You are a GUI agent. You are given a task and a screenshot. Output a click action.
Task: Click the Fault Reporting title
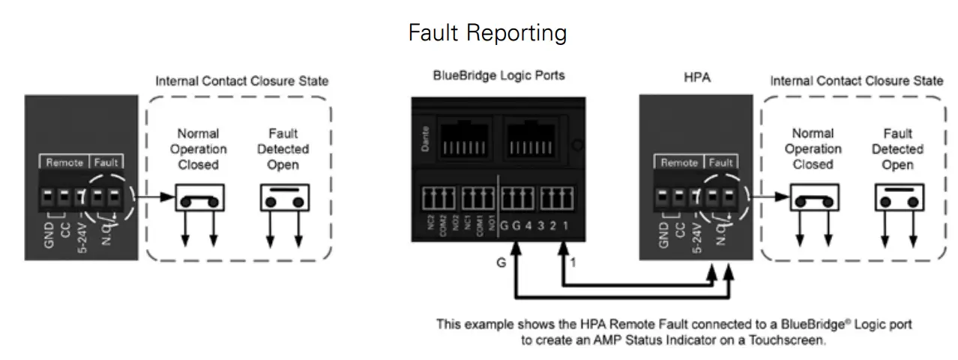[x=486, y=33]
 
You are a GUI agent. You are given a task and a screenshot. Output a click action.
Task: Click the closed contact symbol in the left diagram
[x=201, y=198]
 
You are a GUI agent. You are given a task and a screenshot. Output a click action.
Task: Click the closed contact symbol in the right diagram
[x=815, y=198]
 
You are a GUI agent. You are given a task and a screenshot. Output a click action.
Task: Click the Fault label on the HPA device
[x=720, y=162]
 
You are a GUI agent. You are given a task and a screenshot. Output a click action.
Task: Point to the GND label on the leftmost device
[x=49, y=233]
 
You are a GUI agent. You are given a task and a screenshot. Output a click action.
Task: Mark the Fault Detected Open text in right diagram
[x=897, y=149]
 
